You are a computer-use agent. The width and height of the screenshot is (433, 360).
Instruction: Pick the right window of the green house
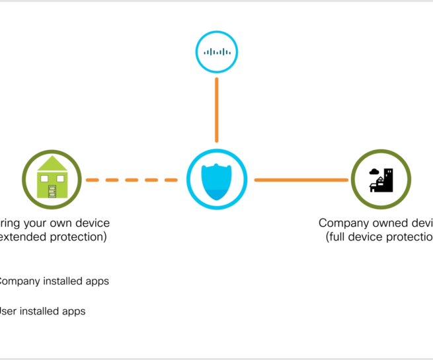pyautogui.click(x=61, y=178)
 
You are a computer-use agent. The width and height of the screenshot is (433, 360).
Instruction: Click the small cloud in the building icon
pyautogui.click(x=375, y=172)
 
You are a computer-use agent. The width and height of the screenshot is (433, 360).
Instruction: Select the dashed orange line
pyautogui.click(x=132, y=180)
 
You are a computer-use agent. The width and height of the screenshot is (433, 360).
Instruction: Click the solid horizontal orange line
pyautogui.click(x=301, y=180)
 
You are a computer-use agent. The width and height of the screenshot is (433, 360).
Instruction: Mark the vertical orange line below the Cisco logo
pyautogui.click(x=216, y=109)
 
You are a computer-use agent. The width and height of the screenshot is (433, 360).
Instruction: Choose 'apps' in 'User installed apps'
pyautogui.click(x=74, y=310)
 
